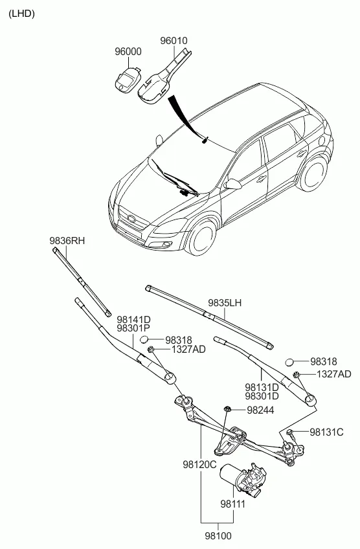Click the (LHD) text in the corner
tap(22, 14)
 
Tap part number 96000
tap(128, 52)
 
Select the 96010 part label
tap(174, 41)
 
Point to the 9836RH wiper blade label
tap(67, 241)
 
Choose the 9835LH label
tap(225, 303)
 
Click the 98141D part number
tap(133, 320)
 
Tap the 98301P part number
tap(133, 328)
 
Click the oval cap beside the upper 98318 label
tap(144, 339)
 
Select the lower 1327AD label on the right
tap(333, 374)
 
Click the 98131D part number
tap(262, 387)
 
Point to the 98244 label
tap(260, 410)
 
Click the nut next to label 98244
tap(227, 409)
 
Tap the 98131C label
tap(327, 432)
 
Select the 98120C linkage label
tap(199, 465)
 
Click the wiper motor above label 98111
tap(243, 479)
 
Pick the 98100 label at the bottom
tap(218, 536)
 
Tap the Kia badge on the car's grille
tap(131, 218)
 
